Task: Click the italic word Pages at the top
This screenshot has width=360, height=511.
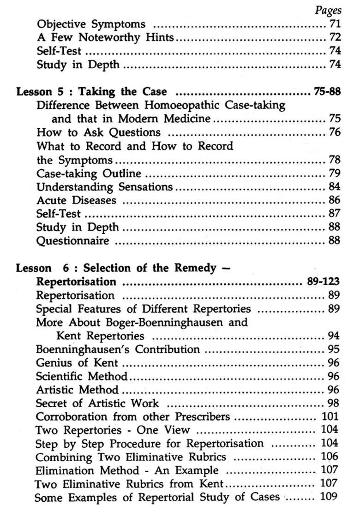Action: pos(328,10)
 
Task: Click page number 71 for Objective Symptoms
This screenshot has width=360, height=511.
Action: pos(335,24)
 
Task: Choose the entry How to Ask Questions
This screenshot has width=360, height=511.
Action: pos(98,132)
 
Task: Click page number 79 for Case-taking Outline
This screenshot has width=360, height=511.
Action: pos(335,173)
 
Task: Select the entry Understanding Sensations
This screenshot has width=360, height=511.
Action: pos(104,187)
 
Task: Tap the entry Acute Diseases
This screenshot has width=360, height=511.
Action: pos(76,200)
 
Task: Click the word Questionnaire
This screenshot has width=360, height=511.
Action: pos(73,241)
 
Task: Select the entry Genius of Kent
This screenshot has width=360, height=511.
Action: pos(77,362)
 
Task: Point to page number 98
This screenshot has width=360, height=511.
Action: pos(334,403)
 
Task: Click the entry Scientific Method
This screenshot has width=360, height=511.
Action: pos(82,376)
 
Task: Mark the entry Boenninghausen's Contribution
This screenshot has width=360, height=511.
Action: pos(118,349)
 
